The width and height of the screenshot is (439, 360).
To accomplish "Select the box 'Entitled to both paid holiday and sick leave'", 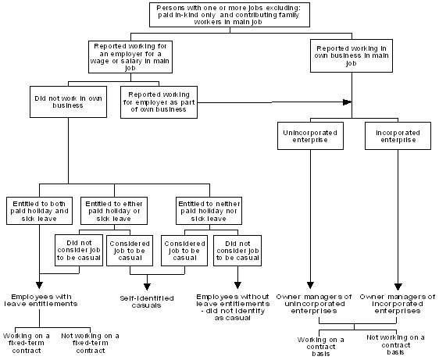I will click(38, 210).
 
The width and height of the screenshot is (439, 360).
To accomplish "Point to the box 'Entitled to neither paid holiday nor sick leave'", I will click(207, 210).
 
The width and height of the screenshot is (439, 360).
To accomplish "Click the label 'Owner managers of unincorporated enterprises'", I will click(314, 304).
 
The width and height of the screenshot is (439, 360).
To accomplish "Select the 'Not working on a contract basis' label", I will click(396, 344).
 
